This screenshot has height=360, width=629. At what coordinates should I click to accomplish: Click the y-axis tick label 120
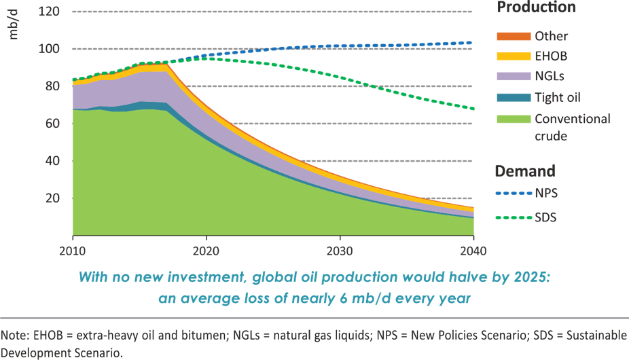coord(49,11)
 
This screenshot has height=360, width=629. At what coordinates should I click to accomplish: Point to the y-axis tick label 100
coord(49,48)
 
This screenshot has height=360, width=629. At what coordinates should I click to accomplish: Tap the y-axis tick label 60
coord(52,123)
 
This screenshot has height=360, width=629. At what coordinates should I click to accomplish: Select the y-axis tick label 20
coord(52,198)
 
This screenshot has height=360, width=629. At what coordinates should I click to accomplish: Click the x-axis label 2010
coord(71,250)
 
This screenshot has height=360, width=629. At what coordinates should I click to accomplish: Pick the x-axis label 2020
coord(205,250)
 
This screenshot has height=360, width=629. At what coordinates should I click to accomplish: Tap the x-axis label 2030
coord(339,250)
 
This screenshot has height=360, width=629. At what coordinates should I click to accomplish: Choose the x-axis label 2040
coord(473,250)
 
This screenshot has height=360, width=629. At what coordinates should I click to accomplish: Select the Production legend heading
coord(536,7)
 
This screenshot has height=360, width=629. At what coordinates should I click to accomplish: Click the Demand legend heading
coord(524,170)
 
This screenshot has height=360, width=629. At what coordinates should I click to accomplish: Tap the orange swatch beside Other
coord(512,35)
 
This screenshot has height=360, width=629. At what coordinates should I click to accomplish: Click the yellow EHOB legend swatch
coord(512,56)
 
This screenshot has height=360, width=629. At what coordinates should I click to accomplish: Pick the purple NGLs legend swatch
coord(512,77)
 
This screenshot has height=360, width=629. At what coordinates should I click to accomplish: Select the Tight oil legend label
coord(558,98)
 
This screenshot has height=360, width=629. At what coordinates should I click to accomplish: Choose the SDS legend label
coord(547,217)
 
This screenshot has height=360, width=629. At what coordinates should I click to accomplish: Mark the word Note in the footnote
coord(12,336)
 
